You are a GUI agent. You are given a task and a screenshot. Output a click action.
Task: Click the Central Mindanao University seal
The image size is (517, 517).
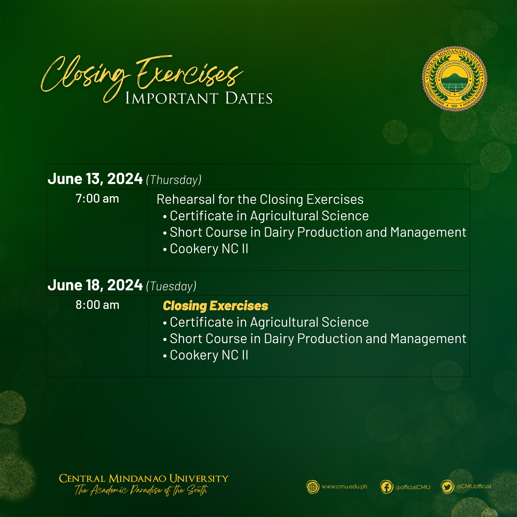pos(454,79)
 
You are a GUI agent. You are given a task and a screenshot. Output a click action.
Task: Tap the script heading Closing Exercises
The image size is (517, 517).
pos(142,75)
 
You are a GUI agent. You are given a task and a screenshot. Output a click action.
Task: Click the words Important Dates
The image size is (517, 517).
pos(199,98)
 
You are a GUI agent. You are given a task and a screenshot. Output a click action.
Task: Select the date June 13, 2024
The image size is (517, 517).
pos(95,179)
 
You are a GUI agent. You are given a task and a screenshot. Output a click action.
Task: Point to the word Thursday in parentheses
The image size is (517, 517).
pos(174,180)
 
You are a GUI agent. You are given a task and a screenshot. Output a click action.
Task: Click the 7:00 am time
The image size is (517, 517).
pos(97,199)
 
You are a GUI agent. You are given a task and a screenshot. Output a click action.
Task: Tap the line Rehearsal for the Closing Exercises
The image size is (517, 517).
pos(260,199)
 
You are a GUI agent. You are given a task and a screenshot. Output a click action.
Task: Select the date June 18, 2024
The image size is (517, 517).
pos(95,285)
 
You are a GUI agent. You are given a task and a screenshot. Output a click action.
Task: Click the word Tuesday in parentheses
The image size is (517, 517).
pos(171,286)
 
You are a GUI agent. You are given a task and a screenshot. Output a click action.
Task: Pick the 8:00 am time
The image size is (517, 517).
pos(97,305)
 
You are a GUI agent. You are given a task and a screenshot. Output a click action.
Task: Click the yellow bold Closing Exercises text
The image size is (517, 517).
pos(215,306)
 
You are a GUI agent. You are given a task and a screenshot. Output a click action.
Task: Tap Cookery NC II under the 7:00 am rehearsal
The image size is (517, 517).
pos(209,249)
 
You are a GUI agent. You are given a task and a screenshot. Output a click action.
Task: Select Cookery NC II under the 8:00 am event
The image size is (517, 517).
pos(209,355)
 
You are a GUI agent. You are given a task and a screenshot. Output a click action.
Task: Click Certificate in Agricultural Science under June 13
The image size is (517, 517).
pos(269,216)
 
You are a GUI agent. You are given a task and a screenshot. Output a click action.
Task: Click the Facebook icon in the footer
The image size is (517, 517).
pos(386,487)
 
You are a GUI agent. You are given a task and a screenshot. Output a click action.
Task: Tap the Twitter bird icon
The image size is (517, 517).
pos(447,487)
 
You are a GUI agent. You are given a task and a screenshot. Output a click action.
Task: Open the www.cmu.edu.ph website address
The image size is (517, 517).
pos(344,486)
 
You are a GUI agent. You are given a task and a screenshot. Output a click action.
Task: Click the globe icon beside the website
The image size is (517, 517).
pos(313,487)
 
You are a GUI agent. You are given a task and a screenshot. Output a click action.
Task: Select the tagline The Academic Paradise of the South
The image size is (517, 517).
pos(141,490)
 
